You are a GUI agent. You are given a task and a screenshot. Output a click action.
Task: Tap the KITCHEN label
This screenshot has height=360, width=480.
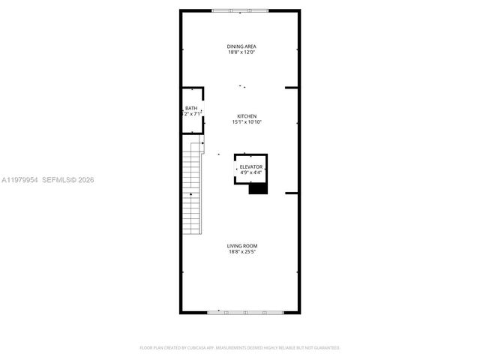[247, 116]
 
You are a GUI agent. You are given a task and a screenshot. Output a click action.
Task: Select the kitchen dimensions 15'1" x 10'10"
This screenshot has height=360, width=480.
[247, 121]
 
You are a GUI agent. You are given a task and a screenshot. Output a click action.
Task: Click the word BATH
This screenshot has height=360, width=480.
[191, 109]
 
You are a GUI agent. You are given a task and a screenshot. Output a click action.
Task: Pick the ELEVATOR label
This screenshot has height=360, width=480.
[251, 166]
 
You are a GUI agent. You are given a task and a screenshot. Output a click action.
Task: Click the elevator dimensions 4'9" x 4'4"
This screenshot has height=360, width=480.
[251, 172]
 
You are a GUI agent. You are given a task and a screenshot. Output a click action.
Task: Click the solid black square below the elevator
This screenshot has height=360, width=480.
[258, 188]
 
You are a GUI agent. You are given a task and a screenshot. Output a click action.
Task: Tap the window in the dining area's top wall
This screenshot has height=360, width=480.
[239, 10]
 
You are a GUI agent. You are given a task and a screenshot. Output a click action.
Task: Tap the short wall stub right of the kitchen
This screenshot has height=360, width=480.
[292, 88]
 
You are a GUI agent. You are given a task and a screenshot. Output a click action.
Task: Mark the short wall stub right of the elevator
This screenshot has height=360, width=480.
[292, 193]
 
